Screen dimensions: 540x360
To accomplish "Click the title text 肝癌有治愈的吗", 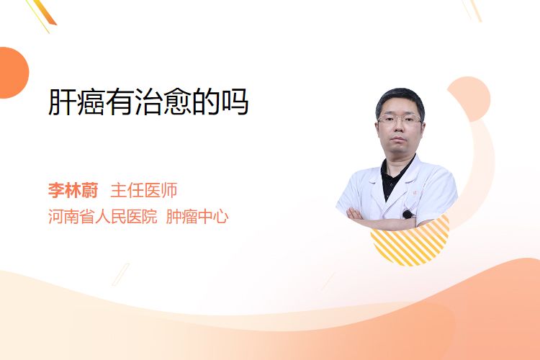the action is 148,102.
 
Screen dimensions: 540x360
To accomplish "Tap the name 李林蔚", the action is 73,190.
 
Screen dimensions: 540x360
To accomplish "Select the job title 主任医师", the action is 144,190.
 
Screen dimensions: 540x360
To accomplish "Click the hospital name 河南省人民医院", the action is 103,217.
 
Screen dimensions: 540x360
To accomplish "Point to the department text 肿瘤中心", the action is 197,217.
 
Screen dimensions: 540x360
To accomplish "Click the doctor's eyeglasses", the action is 400,120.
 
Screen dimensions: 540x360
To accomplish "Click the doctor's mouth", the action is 398,140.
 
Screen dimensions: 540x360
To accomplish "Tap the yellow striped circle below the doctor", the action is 410,242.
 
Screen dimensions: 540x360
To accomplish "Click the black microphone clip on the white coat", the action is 408,215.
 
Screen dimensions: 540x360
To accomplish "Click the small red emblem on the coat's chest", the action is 415,192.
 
